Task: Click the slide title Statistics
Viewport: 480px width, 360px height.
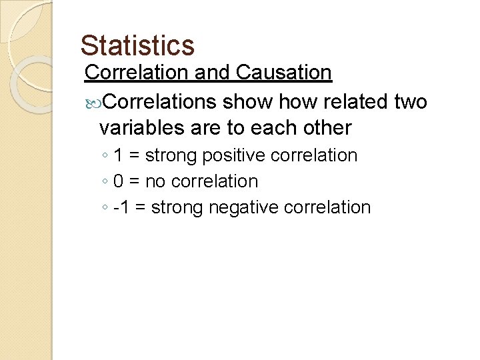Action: coord(137,45)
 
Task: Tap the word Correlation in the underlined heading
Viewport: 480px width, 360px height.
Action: coord(138,72)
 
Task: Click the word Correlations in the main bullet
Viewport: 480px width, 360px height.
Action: coord(160,101)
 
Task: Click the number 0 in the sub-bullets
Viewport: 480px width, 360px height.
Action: coord(118,181)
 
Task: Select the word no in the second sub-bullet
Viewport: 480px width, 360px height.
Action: coord(159,181)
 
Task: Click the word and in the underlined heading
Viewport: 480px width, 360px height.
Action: coord(210,72)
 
